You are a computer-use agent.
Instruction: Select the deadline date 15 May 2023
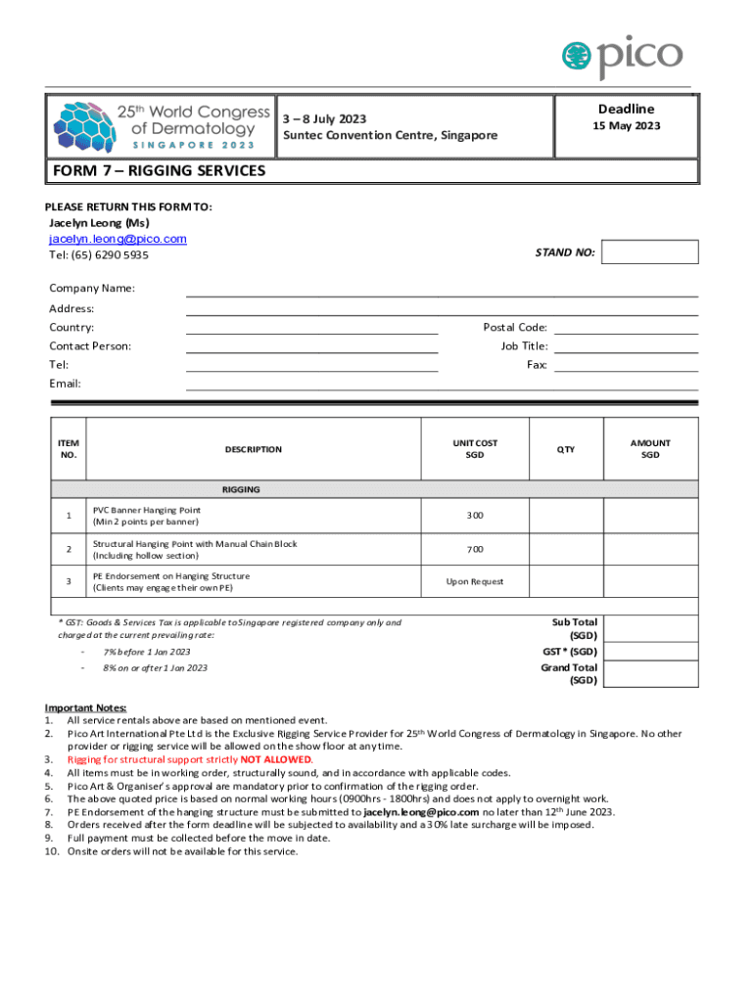626,126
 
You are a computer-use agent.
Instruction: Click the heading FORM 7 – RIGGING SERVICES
158,171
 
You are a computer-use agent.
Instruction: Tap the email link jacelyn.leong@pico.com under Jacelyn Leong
118,239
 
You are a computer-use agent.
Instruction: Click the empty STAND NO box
649,252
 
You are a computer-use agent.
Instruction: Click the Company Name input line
441,289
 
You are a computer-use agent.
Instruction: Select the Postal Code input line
626,328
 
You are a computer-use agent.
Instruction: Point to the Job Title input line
626,346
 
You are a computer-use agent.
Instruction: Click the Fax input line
626,365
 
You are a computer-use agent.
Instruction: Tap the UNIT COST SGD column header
475,449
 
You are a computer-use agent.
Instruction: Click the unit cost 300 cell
475,516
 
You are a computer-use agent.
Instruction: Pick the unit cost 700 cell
475,549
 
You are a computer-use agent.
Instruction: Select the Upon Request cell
475,581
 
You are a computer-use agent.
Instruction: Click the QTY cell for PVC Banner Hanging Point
566,516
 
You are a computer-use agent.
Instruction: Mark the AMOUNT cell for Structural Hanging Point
650,549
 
